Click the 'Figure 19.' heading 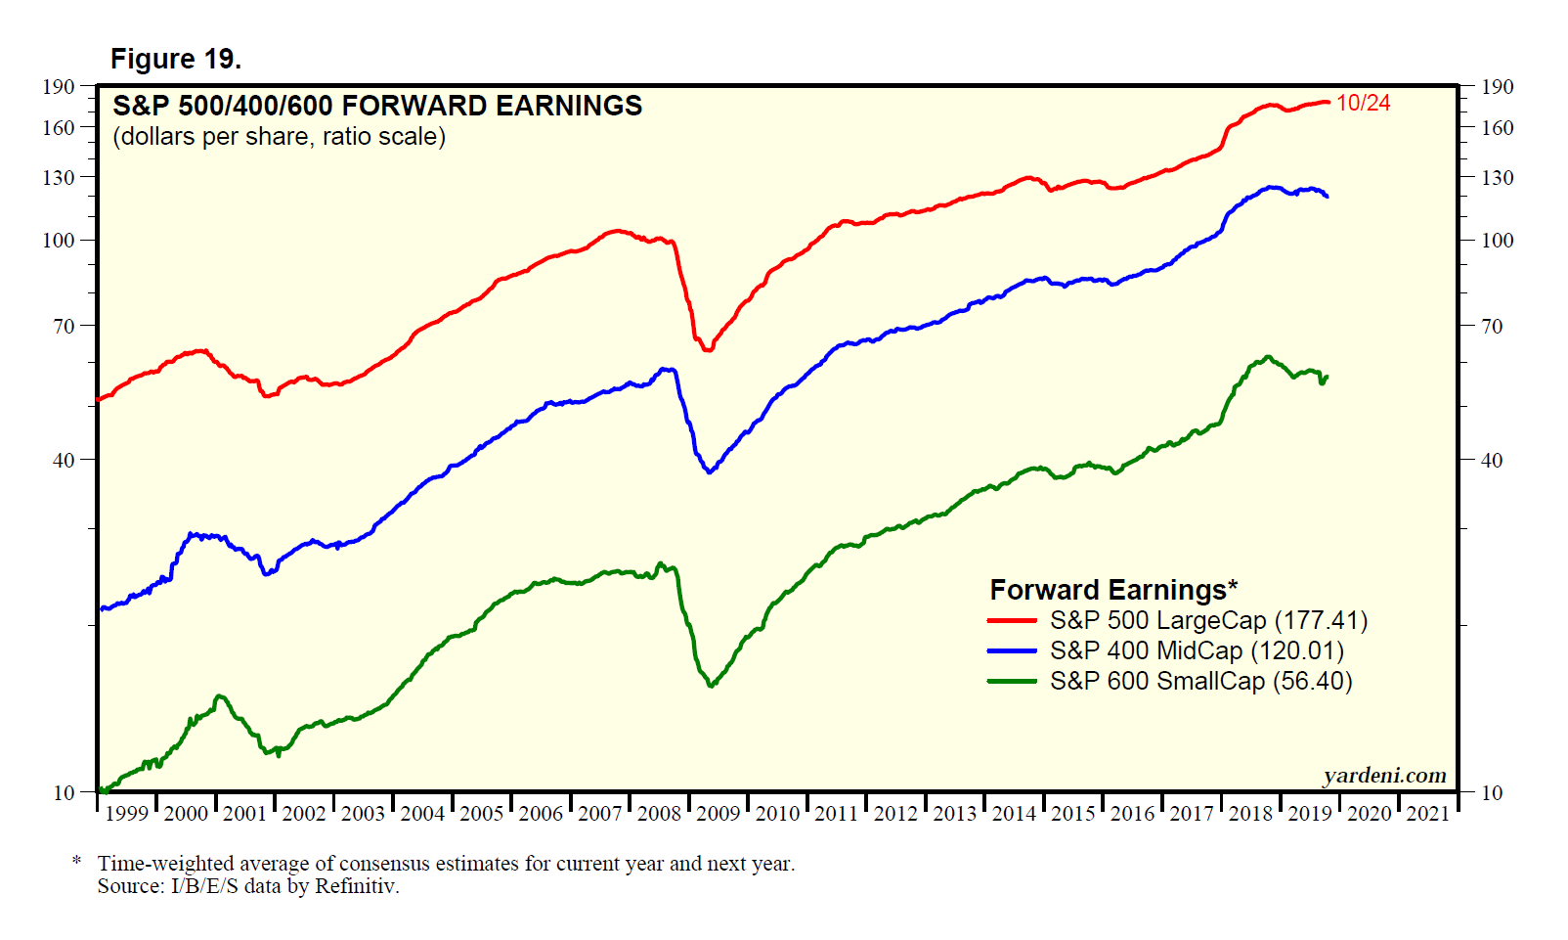click(176, 60)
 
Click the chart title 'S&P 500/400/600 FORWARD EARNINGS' click(377, 106)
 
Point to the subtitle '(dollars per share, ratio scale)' click(280, 136)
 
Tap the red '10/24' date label click(1363, 103)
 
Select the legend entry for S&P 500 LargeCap click(1208, 620)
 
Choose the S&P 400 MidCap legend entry click(1197, 650)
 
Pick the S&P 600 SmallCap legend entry click(1200, 681)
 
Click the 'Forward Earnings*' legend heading click(1113, 590)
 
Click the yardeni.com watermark click(1384, 776)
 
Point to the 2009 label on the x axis click(719, 814)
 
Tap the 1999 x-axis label click(127, 814)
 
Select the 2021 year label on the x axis click(1428, 814)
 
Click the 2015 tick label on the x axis click(1073, 814)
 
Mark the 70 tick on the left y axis click(65, 326)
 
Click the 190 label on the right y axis click(1497, 86)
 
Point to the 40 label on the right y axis click(1492, 460)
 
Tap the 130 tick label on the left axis click(59, 177)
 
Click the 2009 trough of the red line click(708, 348)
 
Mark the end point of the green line click(1327, 377)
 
